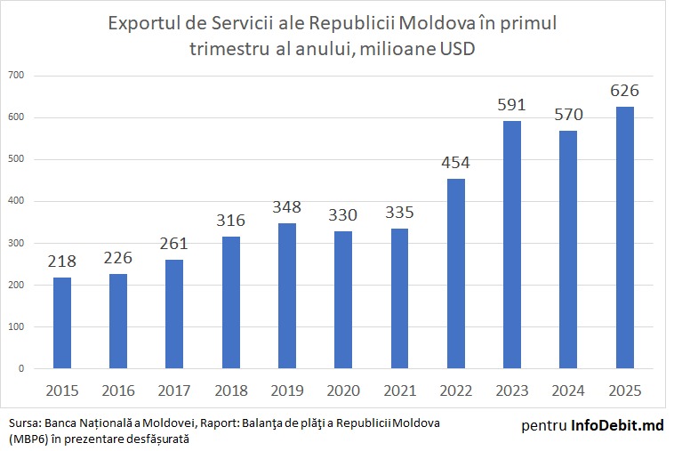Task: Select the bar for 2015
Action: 62,323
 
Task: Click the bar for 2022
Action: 455,273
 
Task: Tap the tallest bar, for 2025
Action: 624,238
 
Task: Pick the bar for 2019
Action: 287,295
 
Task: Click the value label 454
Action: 455,164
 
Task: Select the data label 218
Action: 62,262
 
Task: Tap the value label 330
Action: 343,215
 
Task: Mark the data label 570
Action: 568,115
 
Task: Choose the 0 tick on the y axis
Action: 20,368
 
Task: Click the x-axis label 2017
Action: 174,390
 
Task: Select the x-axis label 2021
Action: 399,390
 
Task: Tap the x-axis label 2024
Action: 568,390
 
